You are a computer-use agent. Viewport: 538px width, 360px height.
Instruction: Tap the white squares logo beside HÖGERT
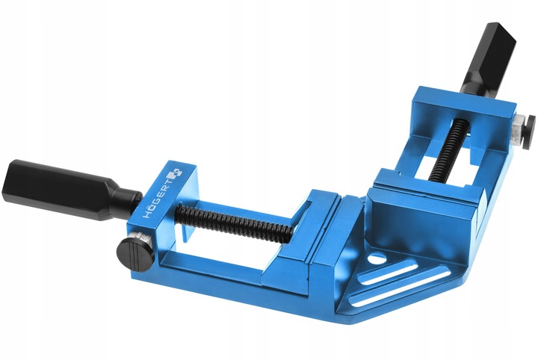click(175, 173)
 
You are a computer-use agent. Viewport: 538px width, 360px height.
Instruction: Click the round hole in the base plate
click(377, 259)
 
